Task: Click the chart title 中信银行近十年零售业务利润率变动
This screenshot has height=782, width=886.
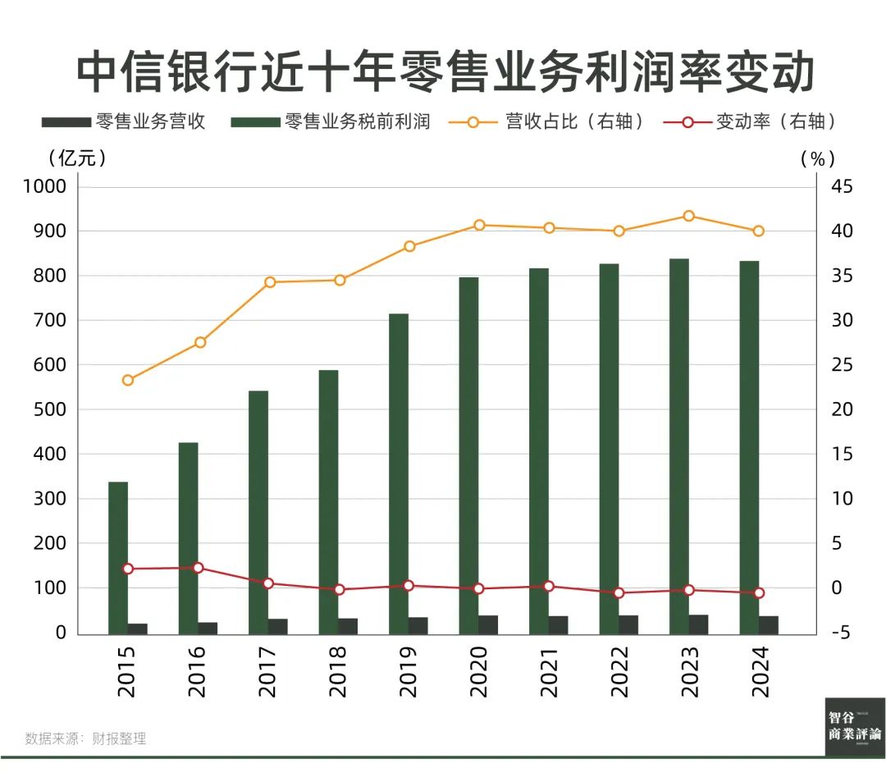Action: click(x=444, y=72)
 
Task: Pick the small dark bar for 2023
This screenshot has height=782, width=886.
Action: click(x=698, y=624)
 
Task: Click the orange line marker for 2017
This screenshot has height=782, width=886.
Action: click(x=269, y=282)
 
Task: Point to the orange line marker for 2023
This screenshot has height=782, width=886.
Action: click(x=689, y=216)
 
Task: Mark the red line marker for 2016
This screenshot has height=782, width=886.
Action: click(x=198, y=568)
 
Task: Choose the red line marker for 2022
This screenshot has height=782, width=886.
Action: click(x=619, y=592)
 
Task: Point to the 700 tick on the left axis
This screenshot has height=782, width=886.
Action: click(x=49, y=321)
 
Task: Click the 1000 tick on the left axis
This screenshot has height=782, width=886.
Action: click(x=44, y=187)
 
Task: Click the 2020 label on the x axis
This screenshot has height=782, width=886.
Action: click(x=478, y=671)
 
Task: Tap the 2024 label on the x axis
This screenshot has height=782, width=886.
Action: click(x=759, y=671)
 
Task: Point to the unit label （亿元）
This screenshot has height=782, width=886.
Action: click(x=77, y=158)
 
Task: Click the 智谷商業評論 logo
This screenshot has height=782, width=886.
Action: click(x=855, y=726)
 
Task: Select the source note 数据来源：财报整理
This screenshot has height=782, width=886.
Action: click(x=85, y=739)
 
